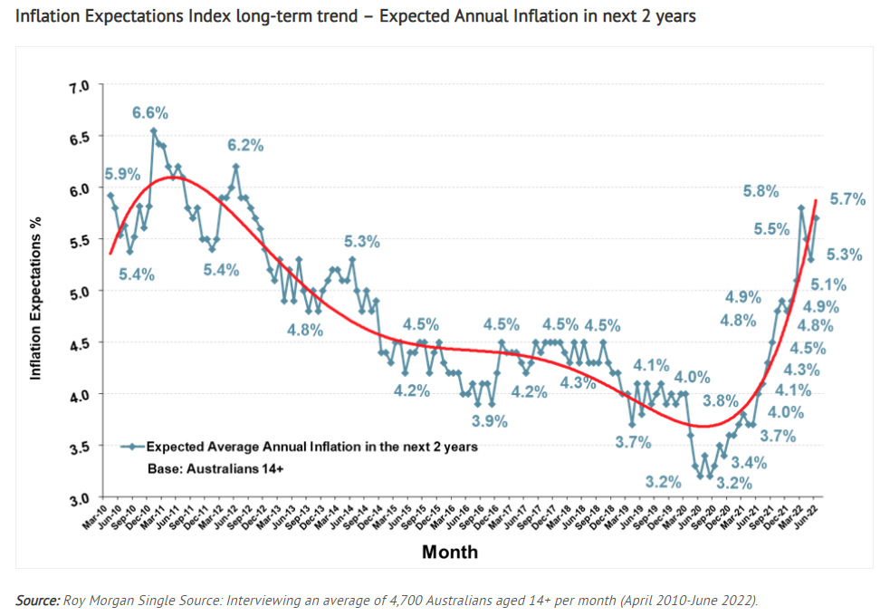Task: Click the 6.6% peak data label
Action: click(x=150, y=113)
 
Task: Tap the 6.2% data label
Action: click(x=245, y=145)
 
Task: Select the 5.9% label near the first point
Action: click(x=122, y=174)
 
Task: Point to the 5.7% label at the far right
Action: click(x=847, y=198)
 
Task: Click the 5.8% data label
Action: click(x=760, y=191)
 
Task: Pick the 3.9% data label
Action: click(x=490, y=421)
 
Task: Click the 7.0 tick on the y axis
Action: click(x=81, y=85)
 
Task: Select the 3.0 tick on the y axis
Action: click(x=81, y=498)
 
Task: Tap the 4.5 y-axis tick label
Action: click(x=81, y=343)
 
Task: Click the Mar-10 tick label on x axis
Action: click(x=95, y=519)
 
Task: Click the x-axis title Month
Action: click(x=450, y=552)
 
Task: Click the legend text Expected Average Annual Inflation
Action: click(x=311, y=447)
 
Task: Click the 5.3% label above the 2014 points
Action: click(x=361, y=242)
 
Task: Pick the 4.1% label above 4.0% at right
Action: click(x=793, y=390)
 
